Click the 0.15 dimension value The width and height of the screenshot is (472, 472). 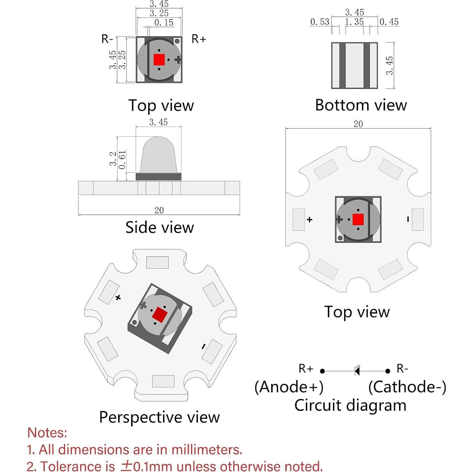[164, 23]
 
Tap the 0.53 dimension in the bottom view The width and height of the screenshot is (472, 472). [320, 22]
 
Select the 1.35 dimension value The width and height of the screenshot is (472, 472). [354, 22]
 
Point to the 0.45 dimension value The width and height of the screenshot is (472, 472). [389, 22]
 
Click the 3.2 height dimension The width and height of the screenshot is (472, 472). [113, 159]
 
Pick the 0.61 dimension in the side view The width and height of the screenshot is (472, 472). [122, 160]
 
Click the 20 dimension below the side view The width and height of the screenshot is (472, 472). [159, 210]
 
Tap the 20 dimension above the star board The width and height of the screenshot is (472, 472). [358, 124]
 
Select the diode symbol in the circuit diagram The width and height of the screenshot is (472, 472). [357, 371]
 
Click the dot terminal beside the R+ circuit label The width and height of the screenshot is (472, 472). [322, 371]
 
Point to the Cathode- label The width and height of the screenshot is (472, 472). [407, 387]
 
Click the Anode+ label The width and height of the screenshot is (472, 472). [289, 387]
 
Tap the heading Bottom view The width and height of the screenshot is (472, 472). [361, 105]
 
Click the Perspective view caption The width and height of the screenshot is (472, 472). [160, 417]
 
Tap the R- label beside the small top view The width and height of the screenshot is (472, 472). [107, 39]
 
